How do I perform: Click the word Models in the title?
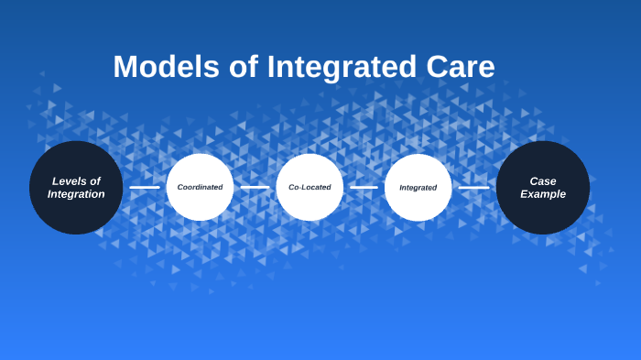point(167,66)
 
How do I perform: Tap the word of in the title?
point(244,66)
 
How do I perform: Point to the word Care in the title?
point(461,67)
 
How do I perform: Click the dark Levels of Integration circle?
point(76,188)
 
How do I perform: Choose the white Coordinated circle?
point(200,188)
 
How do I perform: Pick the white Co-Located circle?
point(310,188)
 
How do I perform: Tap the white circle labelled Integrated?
point(418,188)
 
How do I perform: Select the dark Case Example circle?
point(543,188)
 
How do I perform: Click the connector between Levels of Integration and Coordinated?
point(145,188)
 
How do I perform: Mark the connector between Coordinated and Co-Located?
point(255,188)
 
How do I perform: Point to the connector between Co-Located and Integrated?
point(364,188)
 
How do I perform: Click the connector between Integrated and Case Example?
point(473,188)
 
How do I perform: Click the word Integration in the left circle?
point(76,194)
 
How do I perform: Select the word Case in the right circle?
point(543,181)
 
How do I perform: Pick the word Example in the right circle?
point(543,194)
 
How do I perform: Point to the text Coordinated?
point(200,188)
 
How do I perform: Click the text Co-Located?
point(310,188)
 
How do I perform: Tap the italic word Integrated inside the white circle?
point(418,188)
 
